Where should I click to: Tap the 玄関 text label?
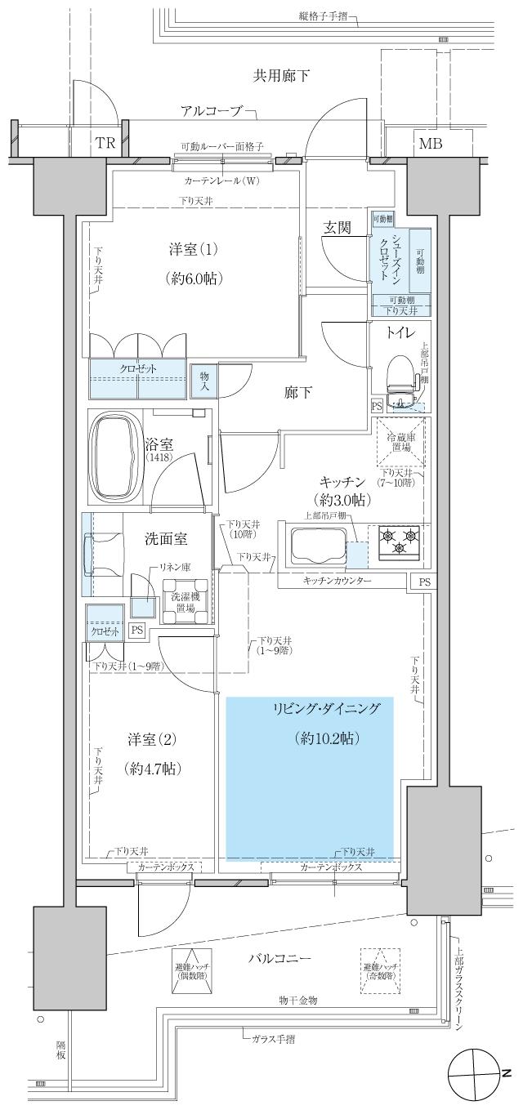[x=337, y=228]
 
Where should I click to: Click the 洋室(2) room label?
[x=152, y=739]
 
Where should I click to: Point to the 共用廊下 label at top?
[x=280, y=76]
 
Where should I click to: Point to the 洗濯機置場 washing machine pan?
[x=183, y=601]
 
